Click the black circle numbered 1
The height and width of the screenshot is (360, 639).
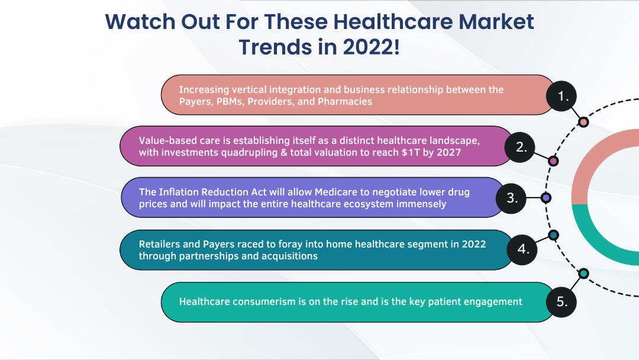(x=561, y=97)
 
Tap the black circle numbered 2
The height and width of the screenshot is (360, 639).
(x=519, y=147)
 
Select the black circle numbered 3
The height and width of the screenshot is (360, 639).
(x=511, y=198)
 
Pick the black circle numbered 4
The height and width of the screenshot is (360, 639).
(x=522, y=249)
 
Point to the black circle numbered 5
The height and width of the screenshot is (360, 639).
(x=561, y=302)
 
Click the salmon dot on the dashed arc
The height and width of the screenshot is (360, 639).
(x=583, y=123)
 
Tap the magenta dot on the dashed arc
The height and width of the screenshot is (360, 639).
(x=553, y=161)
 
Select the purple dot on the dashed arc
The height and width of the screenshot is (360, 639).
(x=546, y=198)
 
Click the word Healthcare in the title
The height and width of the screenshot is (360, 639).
(x=395, y=21)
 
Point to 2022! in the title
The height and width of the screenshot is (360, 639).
(x=371, y=47)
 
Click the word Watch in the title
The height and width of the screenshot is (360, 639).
(x=140, y=21)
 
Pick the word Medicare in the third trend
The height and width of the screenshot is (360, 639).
(x=334, y=192)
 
